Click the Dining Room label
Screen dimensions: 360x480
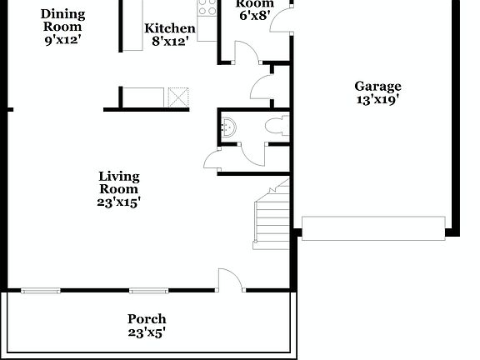(x=62, y=20)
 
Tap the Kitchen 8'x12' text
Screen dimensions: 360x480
(x=170, y=35)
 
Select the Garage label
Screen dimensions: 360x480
(x=377, y=86)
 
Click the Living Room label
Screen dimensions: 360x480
(x=118, y=182)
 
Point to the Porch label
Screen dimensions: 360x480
(x=147, y=319)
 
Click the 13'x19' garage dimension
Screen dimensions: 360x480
(x=377, y=100)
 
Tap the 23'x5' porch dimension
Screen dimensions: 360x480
(x=147, y=332)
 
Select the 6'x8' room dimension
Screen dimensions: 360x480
(x=256, y=15)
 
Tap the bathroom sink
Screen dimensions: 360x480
(x=229, y=127)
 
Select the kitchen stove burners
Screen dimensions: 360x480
(x=207, y=8)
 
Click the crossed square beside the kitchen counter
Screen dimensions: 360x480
(x=178, y=97)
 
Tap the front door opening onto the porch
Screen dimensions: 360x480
(x=230, y=281)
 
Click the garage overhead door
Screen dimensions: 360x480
(x=373, y=227)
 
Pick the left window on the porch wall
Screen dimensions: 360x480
(x=41, y=291)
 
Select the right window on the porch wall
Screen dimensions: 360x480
(x=148, y=291)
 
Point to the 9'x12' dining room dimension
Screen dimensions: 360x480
(x=62, y=39)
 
